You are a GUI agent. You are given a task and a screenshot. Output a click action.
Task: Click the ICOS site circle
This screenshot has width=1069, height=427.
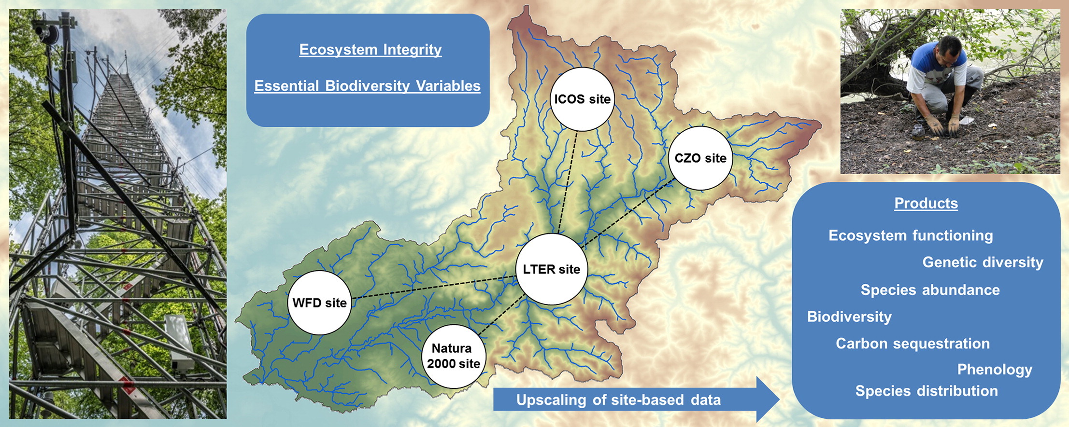pos(582,99)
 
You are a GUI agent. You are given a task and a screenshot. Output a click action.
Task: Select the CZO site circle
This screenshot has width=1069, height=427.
pos(700,158)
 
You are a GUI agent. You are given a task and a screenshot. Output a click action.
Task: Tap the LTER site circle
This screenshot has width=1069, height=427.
pos(551,269)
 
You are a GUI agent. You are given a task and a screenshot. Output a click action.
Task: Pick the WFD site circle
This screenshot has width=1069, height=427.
pos(319,303)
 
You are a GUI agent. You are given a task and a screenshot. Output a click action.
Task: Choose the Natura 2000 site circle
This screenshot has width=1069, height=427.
pos(453,356)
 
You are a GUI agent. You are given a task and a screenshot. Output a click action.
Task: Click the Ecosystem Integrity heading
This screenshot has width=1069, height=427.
pos(370,49)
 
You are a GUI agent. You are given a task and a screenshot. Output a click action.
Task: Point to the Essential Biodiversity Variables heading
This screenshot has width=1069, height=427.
pos(367,85)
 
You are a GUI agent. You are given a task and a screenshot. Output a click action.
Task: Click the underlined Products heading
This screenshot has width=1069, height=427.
pos(926,203)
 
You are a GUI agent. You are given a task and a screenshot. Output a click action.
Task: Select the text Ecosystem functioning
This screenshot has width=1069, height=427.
pos(911,235)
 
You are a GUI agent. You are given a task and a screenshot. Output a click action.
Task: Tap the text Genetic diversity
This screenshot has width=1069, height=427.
pos(983,262)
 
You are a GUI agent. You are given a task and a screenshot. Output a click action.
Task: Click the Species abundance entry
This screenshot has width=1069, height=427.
pos(930,289)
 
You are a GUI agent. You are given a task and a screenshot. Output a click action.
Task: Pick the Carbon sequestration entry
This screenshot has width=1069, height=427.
pos(912,343)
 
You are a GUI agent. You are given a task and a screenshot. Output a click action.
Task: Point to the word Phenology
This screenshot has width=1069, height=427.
pos(995,369)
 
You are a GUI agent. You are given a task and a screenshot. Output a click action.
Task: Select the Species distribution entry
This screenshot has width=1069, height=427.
pos(926,390)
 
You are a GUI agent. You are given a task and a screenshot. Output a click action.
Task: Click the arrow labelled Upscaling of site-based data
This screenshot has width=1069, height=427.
pos(628,400)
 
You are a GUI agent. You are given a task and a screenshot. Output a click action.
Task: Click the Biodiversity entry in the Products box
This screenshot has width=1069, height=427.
pos(849,317)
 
